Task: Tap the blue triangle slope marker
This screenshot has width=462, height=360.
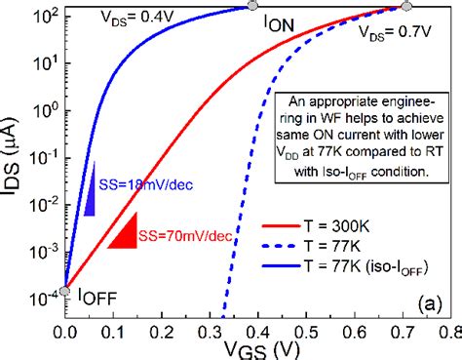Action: tap(89, 187)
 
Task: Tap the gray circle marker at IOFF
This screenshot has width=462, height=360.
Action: tap(65, 290)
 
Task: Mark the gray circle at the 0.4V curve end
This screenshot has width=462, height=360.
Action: tap(253, 7)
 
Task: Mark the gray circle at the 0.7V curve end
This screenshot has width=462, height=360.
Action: tap(404, 7)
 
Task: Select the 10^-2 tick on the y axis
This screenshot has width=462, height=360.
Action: tap(44, 206)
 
